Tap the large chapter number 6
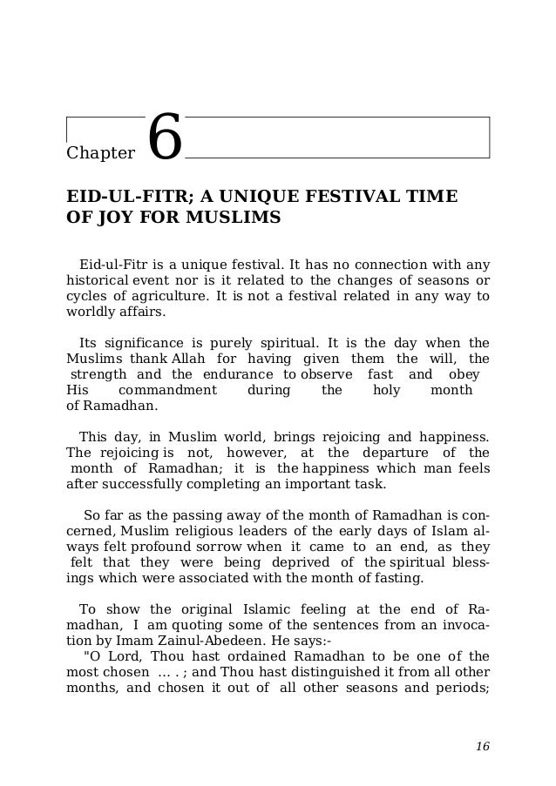[164, 138]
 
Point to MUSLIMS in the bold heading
[237, 217]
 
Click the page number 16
[483, 747]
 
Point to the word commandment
[167, 391]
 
